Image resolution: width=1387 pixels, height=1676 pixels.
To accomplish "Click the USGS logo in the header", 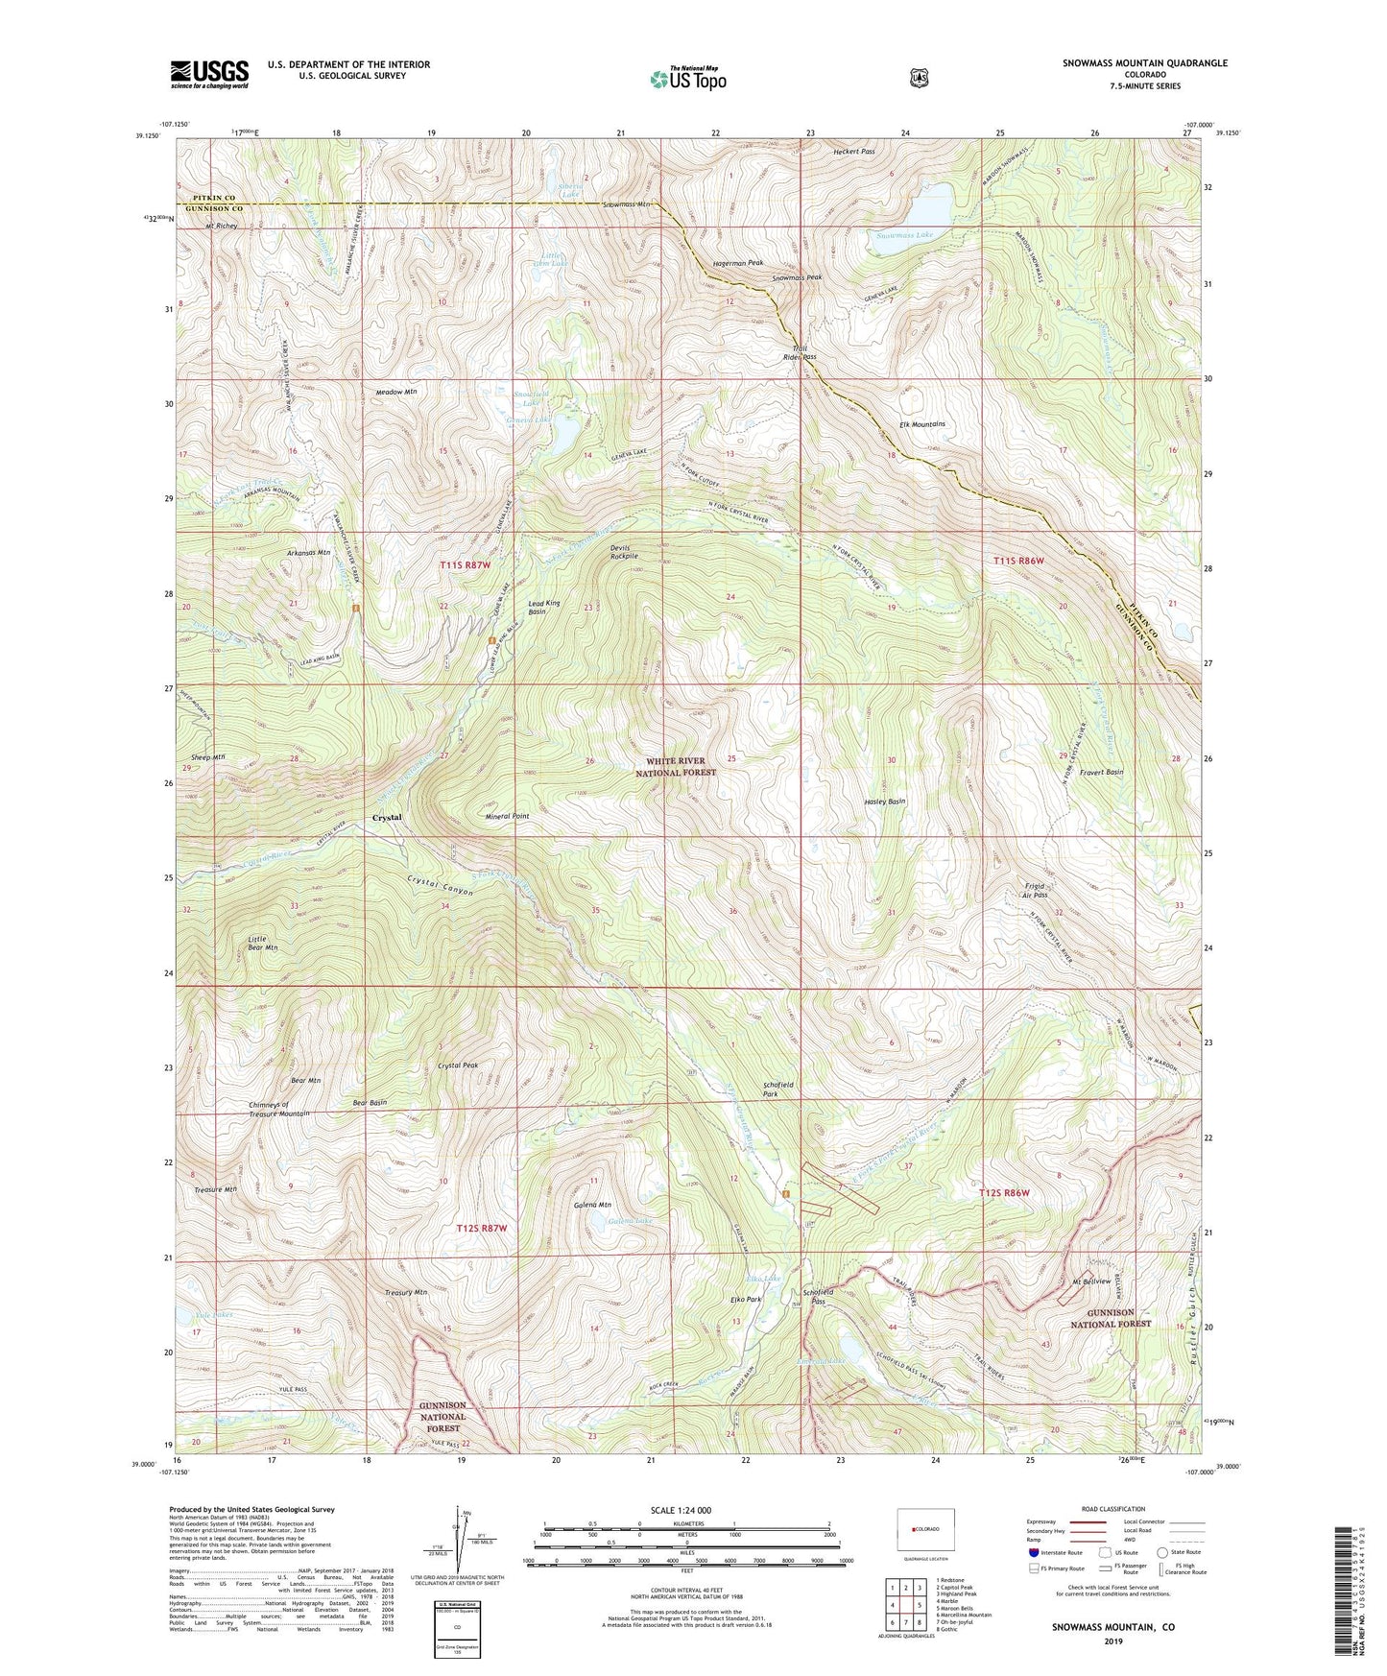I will click(209, 74).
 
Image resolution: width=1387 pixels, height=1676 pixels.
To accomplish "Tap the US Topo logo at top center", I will click(687, 79).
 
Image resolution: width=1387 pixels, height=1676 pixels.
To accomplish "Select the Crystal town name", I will click(387, 817).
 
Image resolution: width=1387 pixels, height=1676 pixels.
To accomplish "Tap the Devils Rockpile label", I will click(624, 552).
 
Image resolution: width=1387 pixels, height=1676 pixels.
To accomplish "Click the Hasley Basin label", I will click(884, 802).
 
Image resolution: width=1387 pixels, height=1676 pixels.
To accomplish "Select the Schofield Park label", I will click(777, 1089).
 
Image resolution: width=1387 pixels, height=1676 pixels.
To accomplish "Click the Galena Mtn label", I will click(592, 1205).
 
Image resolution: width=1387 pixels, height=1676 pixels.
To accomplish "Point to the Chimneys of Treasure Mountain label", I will click(278, 1109).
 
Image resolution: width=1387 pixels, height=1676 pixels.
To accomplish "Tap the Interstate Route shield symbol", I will click(1033, 1552).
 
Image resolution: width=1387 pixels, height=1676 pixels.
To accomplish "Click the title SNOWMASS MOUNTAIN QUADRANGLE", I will click(1144, 63).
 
